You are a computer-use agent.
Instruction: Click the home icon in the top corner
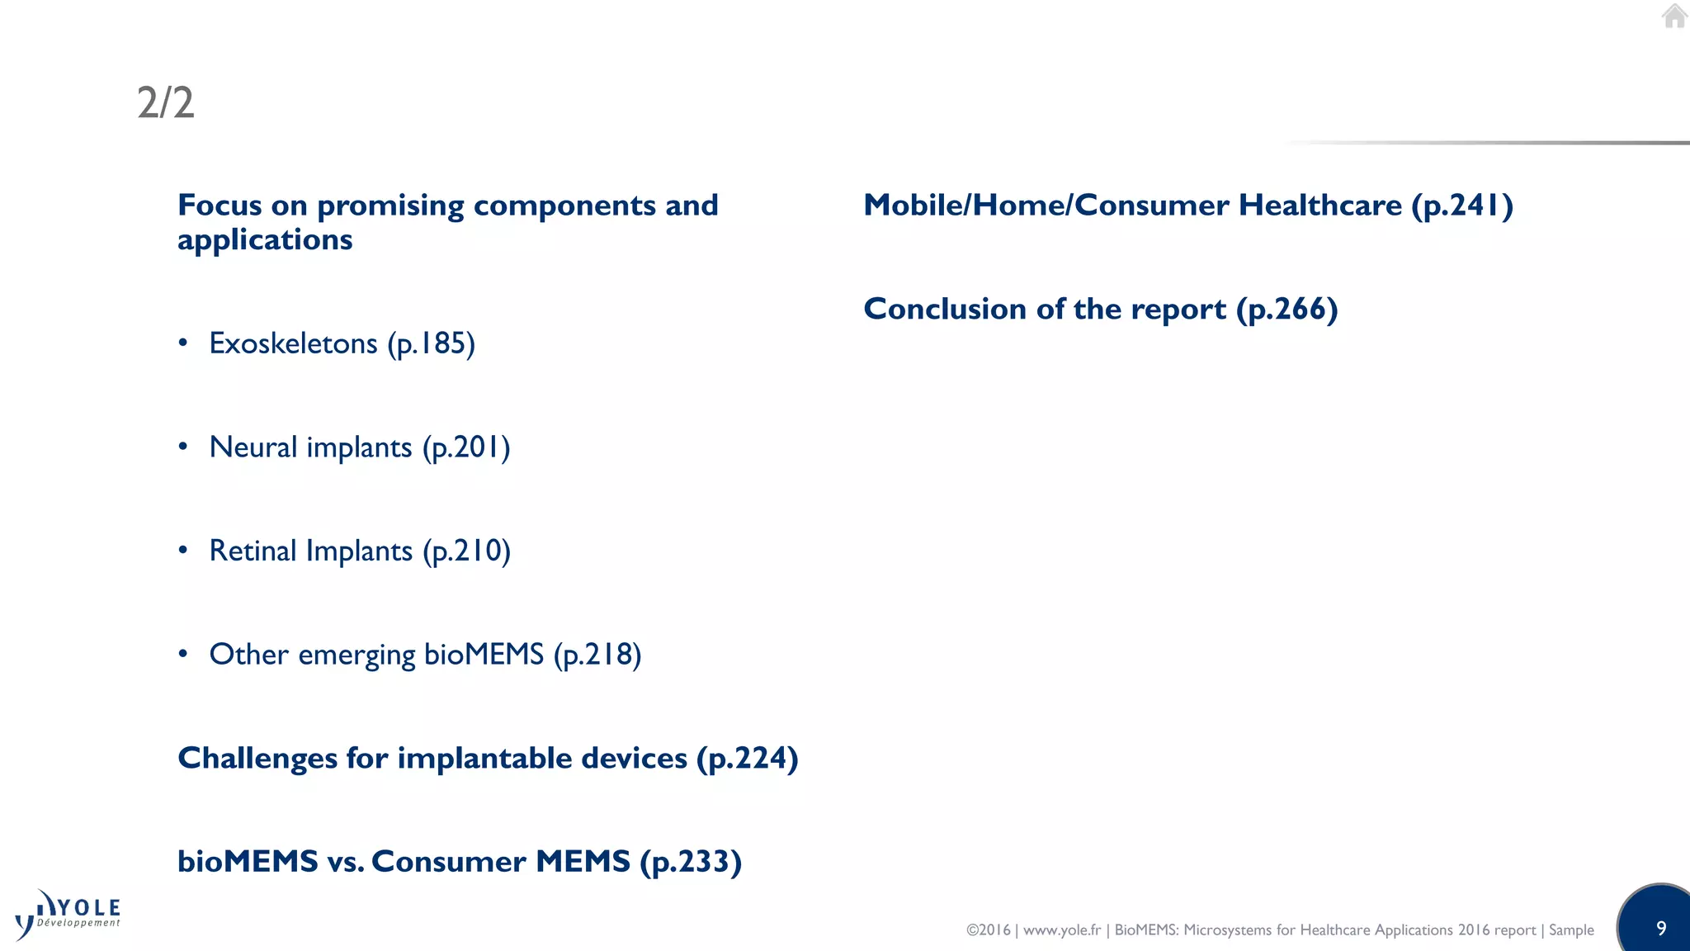[1674, 17]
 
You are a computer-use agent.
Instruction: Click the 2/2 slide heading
[166, 103]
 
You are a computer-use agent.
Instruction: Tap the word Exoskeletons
[293, 343]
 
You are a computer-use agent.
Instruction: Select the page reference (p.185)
[432, 343]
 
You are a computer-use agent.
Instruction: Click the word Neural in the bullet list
[253, 447]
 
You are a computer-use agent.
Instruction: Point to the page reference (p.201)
[466, 447]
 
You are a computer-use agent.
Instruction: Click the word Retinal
[253, 551]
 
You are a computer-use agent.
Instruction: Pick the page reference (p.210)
[467, 551]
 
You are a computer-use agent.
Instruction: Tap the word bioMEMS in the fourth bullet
[484, 655]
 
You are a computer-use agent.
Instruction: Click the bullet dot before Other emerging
[183, 655]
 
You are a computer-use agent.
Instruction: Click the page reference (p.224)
[748, 758]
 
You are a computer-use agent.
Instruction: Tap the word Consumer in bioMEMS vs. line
[449, 862]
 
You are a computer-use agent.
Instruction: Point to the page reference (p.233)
[692, 862]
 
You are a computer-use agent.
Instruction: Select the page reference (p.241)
[1462, 206]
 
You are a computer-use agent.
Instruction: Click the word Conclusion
[945, 309]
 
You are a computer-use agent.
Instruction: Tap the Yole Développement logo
[68, 915]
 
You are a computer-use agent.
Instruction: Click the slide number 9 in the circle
[1661, 928]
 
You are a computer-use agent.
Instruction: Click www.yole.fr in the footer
[1062, 930]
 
